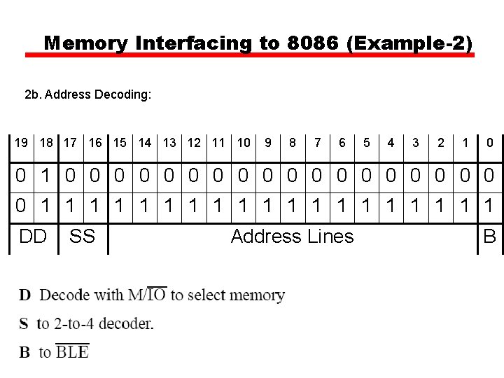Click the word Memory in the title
coord(85,43)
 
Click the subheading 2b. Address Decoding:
coord(87,94)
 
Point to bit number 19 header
coord(22,143)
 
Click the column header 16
coord(95,143)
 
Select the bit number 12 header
coord(194,143)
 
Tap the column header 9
coord(268,143)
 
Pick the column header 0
coord(490,143)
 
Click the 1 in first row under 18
coord(46,174)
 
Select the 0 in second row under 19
coord(22,206)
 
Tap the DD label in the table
coord(33,237)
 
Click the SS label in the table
coord(82,237)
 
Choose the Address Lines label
coord(292,237)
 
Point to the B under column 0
coord(490,237)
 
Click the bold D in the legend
coord(25,295)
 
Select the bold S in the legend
coord(24,323)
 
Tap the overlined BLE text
coord(72,351)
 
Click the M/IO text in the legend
coord(147,295)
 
